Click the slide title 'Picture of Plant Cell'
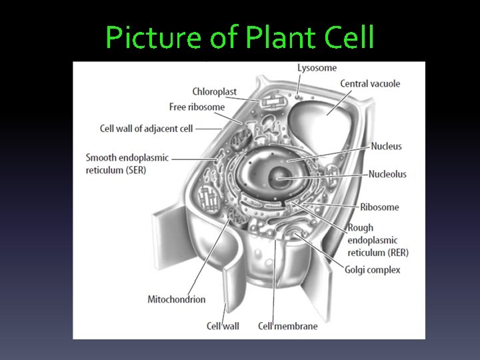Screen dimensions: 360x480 (240, 38)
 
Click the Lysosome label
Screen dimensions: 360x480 (317, 68)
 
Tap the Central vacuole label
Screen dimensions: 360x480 (370, 84)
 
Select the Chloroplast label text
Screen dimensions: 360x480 (215, 92)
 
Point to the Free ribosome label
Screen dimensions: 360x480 (197, 107)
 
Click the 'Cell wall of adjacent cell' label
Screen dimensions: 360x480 (146, 128)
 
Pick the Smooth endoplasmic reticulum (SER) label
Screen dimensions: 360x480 (127, 164)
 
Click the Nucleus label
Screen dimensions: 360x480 (386, 146)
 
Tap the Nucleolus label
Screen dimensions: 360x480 (387, 174)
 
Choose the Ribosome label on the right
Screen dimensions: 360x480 (379, 207)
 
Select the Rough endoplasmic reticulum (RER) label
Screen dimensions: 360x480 (377, 240)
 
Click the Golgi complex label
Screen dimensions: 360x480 (373, 270)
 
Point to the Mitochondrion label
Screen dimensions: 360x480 (177, 299)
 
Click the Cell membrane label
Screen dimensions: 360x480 (287, 326)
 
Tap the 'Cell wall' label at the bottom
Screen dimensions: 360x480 (223, 326)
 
